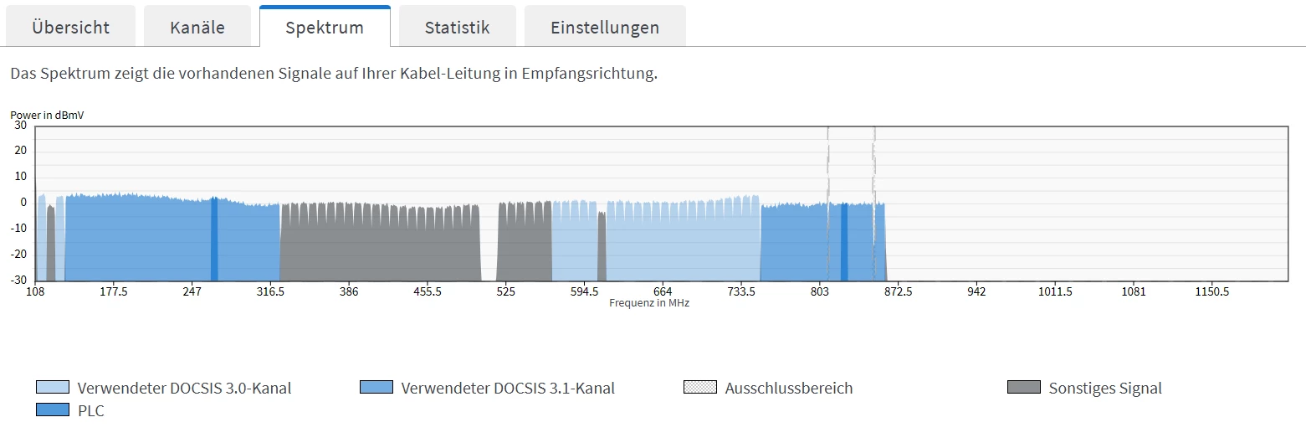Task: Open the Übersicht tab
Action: tap(70, 27)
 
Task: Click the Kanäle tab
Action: tap(197, 27)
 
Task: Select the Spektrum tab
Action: tap(325, 27)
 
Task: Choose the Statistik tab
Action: tap(457, 27)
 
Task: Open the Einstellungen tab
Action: tap(605, 27)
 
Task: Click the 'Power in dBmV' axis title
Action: tap(47, 115)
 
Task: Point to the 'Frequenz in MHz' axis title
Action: tap(649, 303)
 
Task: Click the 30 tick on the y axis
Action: tap(21, 126)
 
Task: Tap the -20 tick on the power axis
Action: tap(18, 255)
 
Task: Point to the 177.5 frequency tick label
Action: tap(113, 292)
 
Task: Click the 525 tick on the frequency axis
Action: tap(505, 292)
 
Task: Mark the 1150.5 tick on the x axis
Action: tap(1211, 292)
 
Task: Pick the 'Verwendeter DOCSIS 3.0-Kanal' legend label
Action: tap(184, 389)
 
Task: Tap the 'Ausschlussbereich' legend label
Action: tap(788, 389)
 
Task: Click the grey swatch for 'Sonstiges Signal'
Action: tap(1024, 388)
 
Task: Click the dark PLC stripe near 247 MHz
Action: tap(214, 240)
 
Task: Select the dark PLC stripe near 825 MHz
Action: tap(844, 242)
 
